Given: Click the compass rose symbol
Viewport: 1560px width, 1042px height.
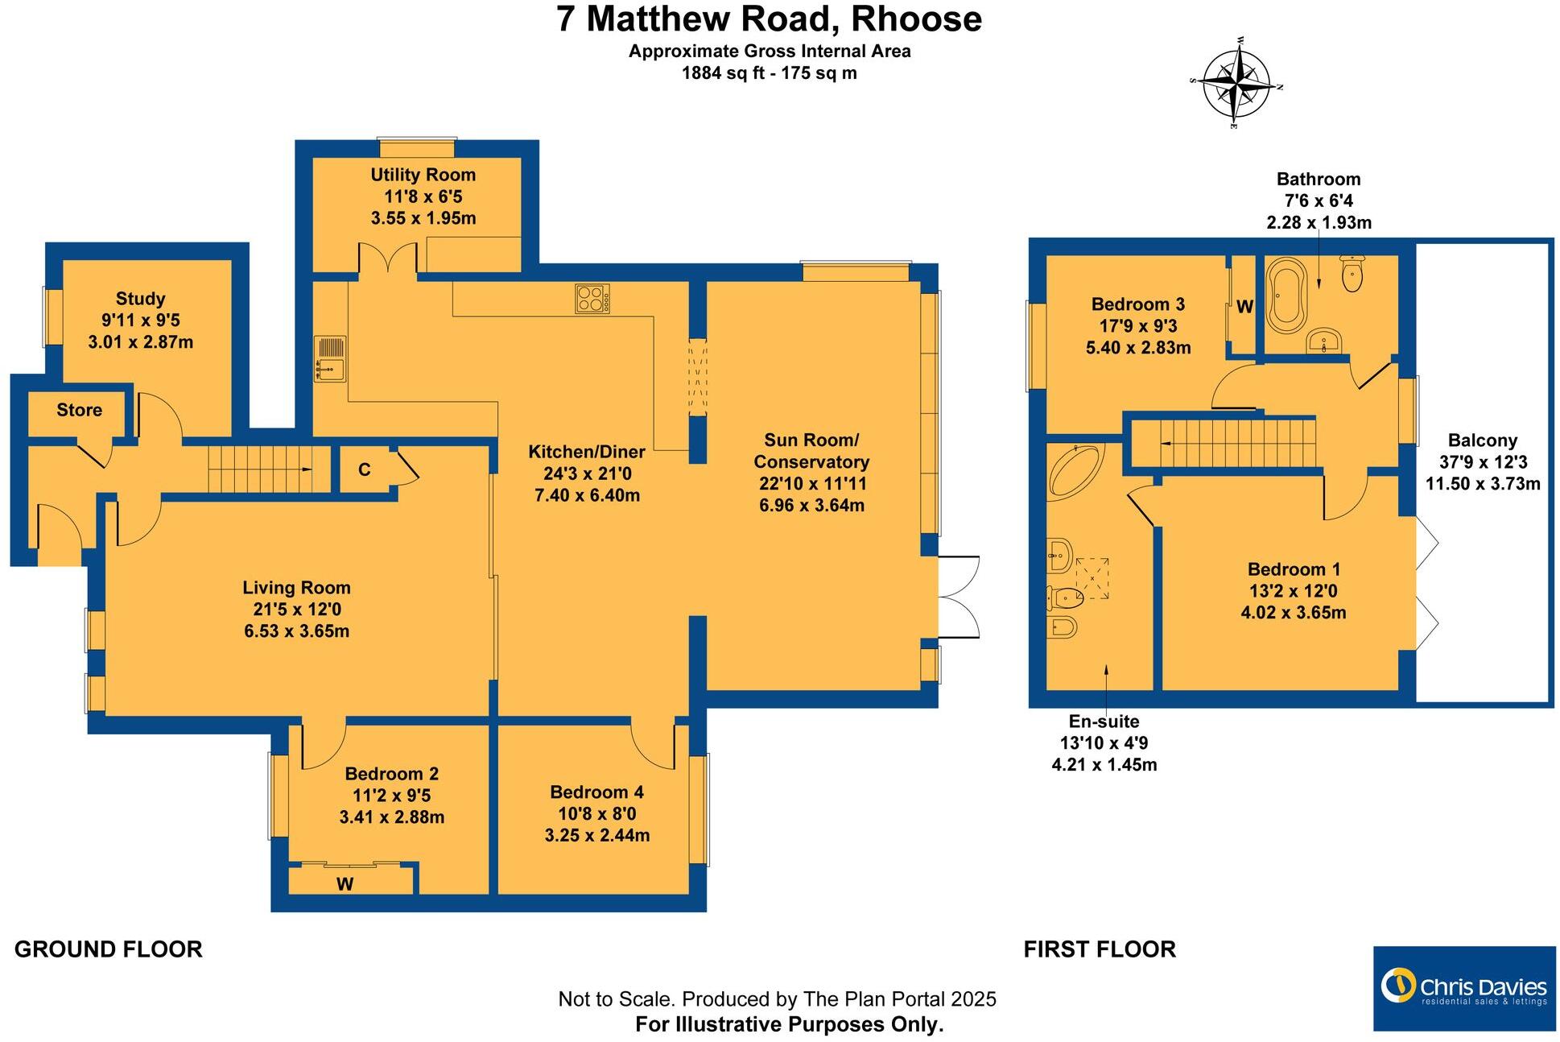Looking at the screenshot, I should click(x=1236, y=83).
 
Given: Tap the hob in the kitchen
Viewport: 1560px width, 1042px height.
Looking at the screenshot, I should click(x=592, y=299).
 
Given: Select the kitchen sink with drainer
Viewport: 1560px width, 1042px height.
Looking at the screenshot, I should click(x=330, y=359).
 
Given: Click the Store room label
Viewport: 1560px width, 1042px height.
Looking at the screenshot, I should click(x=79, y=410).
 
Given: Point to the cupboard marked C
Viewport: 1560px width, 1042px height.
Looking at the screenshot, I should click(x=364, y=469).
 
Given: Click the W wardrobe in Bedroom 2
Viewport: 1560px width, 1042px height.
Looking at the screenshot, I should click(x=346, y=883).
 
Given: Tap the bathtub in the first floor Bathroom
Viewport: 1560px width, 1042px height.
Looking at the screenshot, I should click(x=1286, y=296).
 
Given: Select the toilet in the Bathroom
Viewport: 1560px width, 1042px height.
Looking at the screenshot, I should click(x=1353, y=274).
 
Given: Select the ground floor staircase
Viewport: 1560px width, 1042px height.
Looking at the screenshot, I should click(x=260, y=469).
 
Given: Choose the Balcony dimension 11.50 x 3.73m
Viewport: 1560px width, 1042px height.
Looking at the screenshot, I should click(x=1482, y=484).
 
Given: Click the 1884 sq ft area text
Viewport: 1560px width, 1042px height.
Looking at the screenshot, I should click(x=769, y=73).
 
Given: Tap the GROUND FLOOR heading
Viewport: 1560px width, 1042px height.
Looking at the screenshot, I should click(x=109, y=949).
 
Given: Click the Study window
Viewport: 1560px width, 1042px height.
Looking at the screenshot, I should click(x=54, y=317).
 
